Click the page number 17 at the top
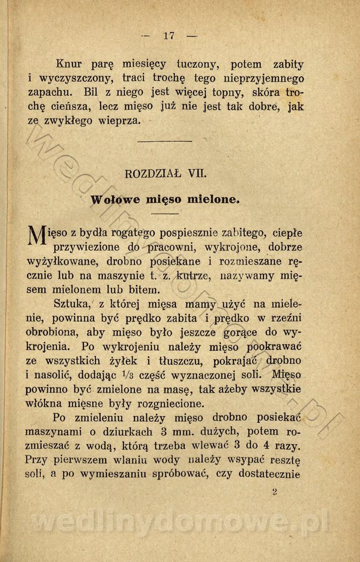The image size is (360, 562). pyautogui.click(x=169, y=36)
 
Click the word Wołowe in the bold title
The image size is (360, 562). pyautogui.click(x=115, y=200)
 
